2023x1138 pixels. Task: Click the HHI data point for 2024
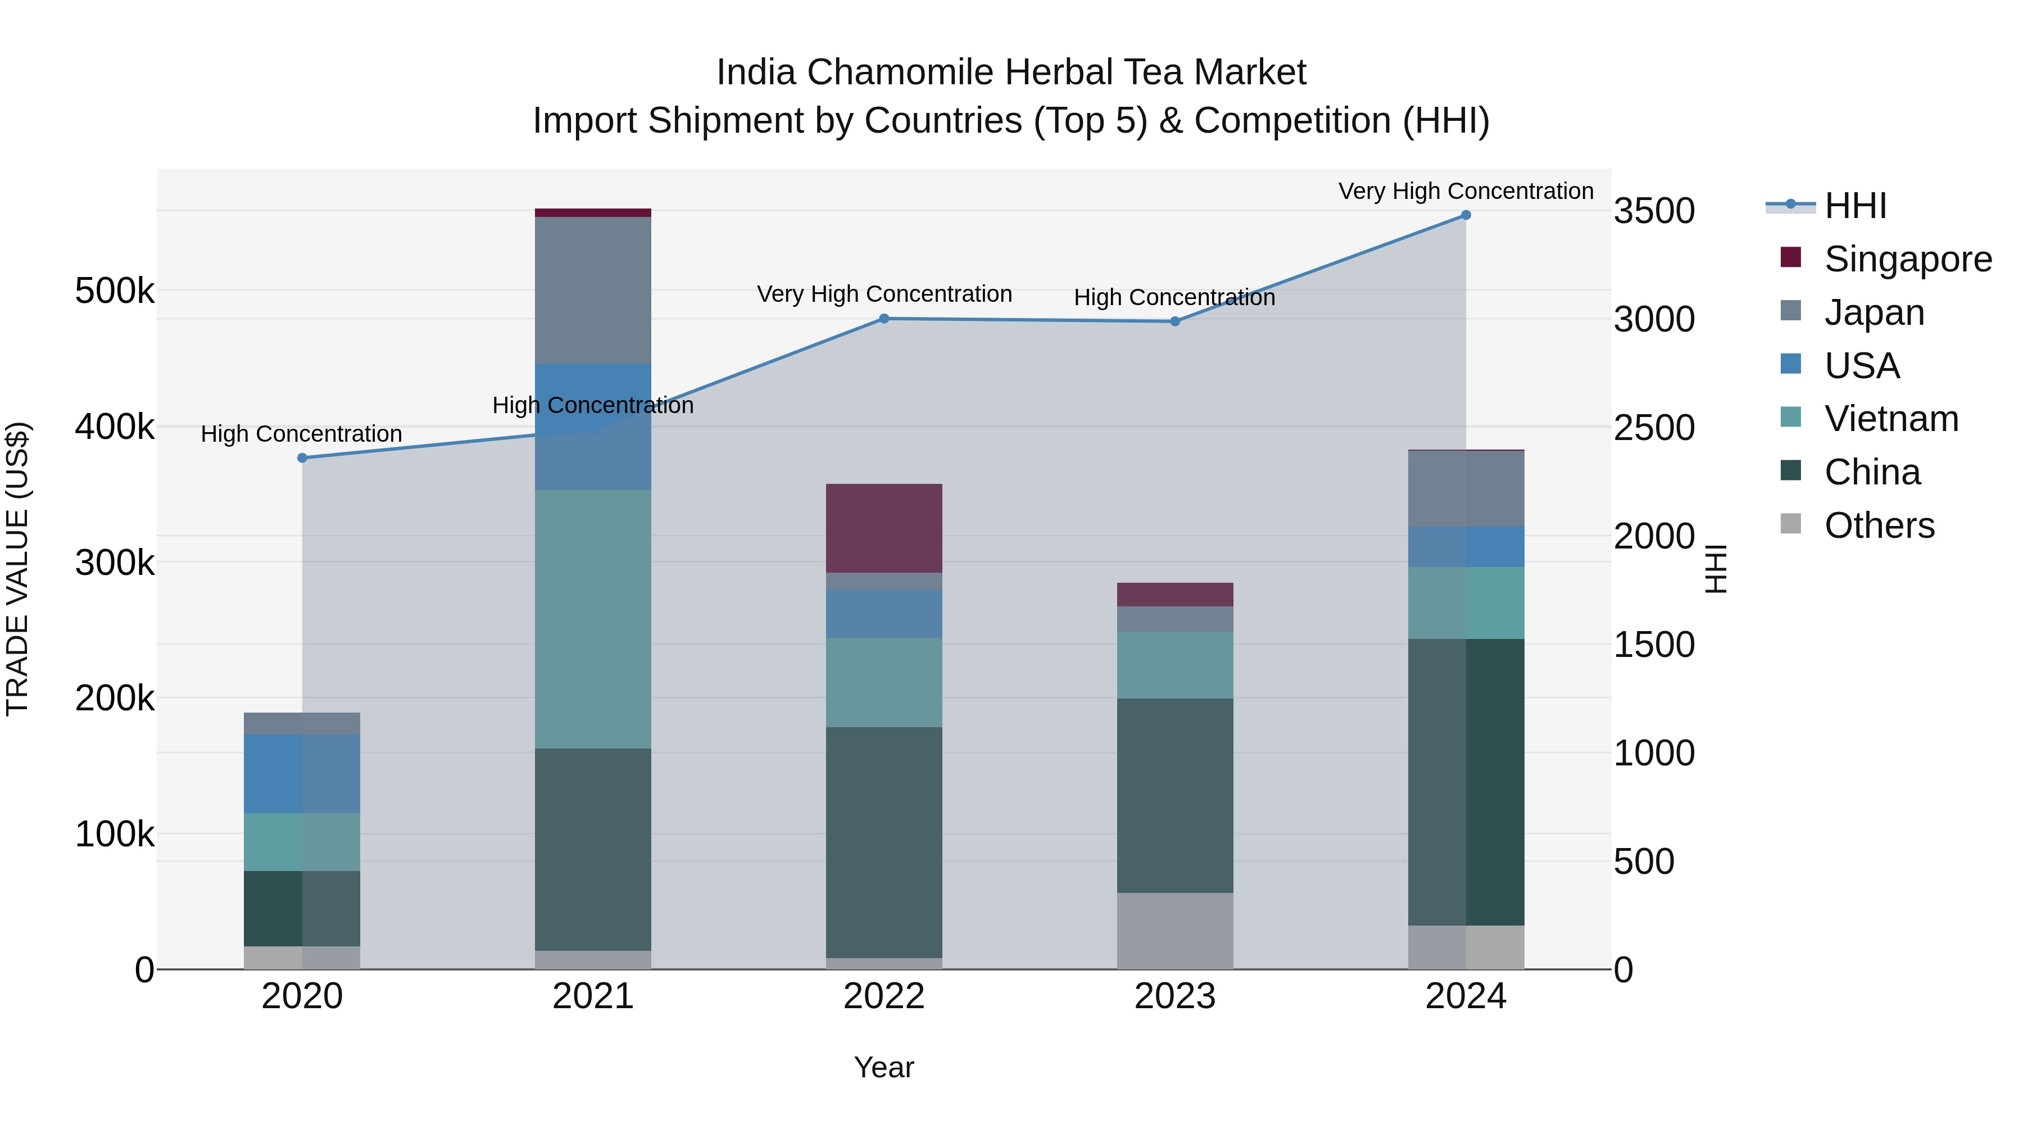tap(1466, 215)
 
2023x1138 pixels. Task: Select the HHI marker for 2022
tap(883, 319)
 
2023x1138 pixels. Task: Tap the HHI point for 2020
tap(302, 458)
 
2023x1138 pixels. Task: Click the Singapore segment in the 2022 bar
tap(883, 529)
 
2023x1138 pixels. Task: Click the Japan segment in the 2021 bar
tap(593, 290)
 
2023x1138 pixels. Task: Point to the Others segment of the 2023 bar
tap(1175, 931)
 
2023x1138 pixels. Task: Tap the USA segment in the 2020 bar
tap(302, 774)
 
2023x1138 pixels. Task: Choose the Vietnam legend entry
tap(1891, 419)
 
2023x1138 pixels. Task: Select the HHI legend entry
tap(1855, 206)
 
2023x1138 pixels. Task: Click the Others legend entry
tap(1879, 525)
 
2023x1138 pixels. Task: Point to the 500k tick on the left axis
tap(115, 291)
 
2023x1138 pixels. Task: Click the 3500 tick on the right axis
tap(1653, 211)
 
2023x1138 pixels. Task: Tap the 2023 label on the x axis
tap(1175, 996)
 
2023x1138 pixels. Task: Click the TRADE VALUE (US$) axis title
tap(17, 569)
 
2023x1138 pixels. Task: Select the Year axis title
tap(883, 1067)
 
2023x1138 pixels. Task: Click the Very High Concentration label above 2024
tap(1466, 191)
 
